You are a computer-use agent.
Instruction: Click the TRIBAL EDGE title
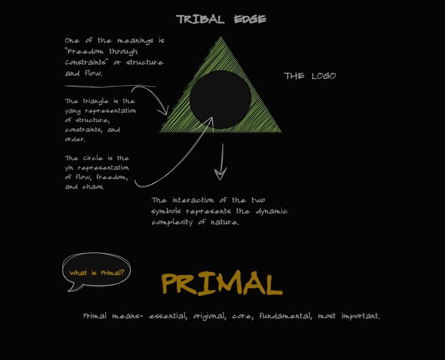[221, 19]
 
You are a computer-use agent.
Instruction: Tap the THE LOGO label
[310, 76]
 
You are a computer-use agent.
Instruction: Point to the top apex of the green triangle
[222, 38]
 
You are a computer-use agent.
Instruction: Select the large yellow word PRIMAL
[221, 283]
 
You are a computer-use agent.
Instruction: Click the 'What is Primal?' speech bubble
[96, 273]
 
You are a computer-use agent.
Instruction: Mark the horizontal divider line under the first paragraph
[110, 87]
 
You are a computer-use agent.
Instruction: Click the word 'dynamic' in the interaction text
[270, 211]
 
